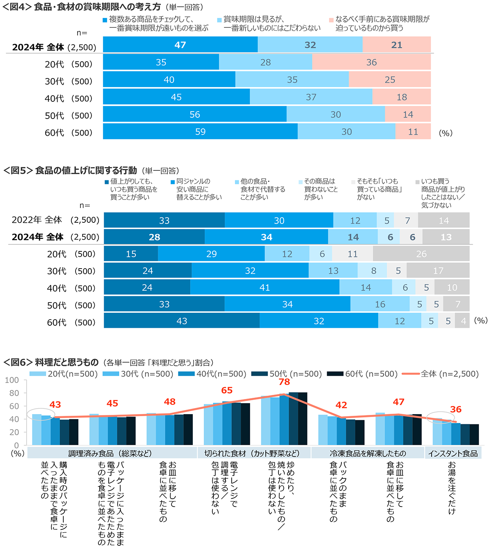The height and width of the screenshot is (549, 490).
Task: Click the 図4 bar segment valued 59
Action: [200, 132]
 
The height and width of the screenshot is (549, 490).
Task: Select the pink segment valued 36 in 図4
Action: [371, 62]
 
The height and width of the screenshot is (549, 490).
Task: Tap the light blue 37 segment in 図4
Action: [311, 97]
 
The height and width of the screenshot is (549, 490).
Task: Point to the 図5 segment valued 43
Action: [182, 321]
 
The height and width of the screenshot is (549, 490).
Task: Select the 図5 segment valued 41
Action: [265, 287]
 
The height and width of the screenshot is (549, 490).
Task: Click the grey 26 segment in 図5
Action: [421, 254]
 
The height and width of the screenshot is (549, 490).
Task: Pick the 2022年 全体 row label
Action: [37, 220]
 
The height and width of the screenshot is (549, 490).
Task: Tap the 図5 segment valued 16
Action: [380, 304]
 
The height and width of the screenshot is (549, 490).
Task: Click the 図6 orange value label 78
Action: [284, 382]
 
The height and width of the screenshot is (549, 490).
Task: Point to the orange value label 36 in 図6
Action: [456, 409]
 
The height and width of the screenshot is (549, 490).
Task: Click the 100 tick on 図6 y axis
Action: [12, 380]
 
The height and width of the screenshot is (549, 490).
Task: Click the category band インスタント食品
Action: [453, 453]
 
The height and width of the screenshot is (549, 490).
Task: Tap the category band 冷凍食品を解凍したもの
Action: [367, 453]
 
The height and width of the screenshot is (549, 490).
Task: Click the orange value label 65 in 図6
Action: [227, 390]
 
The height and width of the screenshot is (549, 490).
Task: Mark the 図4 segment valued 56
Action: [195, 114]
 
